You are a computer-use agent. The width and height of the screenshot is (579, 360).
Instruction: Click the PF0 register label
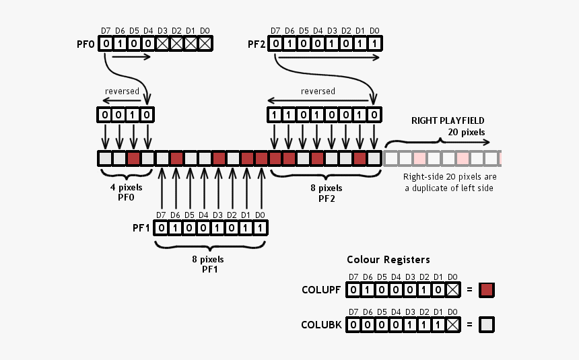86,44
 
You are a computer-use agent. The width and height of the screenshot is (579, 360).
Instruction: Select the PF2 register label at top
257,44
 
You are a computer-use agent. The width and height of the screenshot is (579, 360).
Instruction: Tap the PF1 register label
141,228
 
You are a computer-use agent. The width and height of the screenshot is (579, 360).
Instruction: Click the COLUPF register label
322,290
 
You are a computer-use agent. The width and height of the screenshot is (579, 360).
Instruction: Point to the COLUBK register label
322,326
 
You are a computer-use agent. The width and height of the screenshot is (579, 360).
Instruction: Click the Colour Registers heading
388,259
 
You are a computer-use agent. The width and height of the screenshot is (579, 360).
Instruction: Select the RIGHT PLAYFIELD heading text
448,120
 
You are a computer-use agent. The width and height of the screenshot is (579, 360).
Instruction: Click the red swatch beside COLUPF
486,290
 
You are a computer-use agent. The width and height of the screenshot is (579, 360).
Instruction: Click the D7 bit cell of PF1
162,228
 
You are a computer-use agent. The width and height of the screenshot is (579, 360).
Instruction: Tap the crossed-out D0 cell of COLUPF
453,290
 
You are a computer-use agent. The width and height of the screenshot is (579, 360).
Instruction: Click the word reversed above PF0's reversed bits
122,91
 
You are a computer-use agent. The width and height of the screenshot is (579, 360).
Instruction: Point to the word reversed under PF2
318,91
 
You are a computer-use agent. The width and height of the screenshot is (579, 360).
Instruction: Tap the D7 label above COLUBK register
353,312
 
